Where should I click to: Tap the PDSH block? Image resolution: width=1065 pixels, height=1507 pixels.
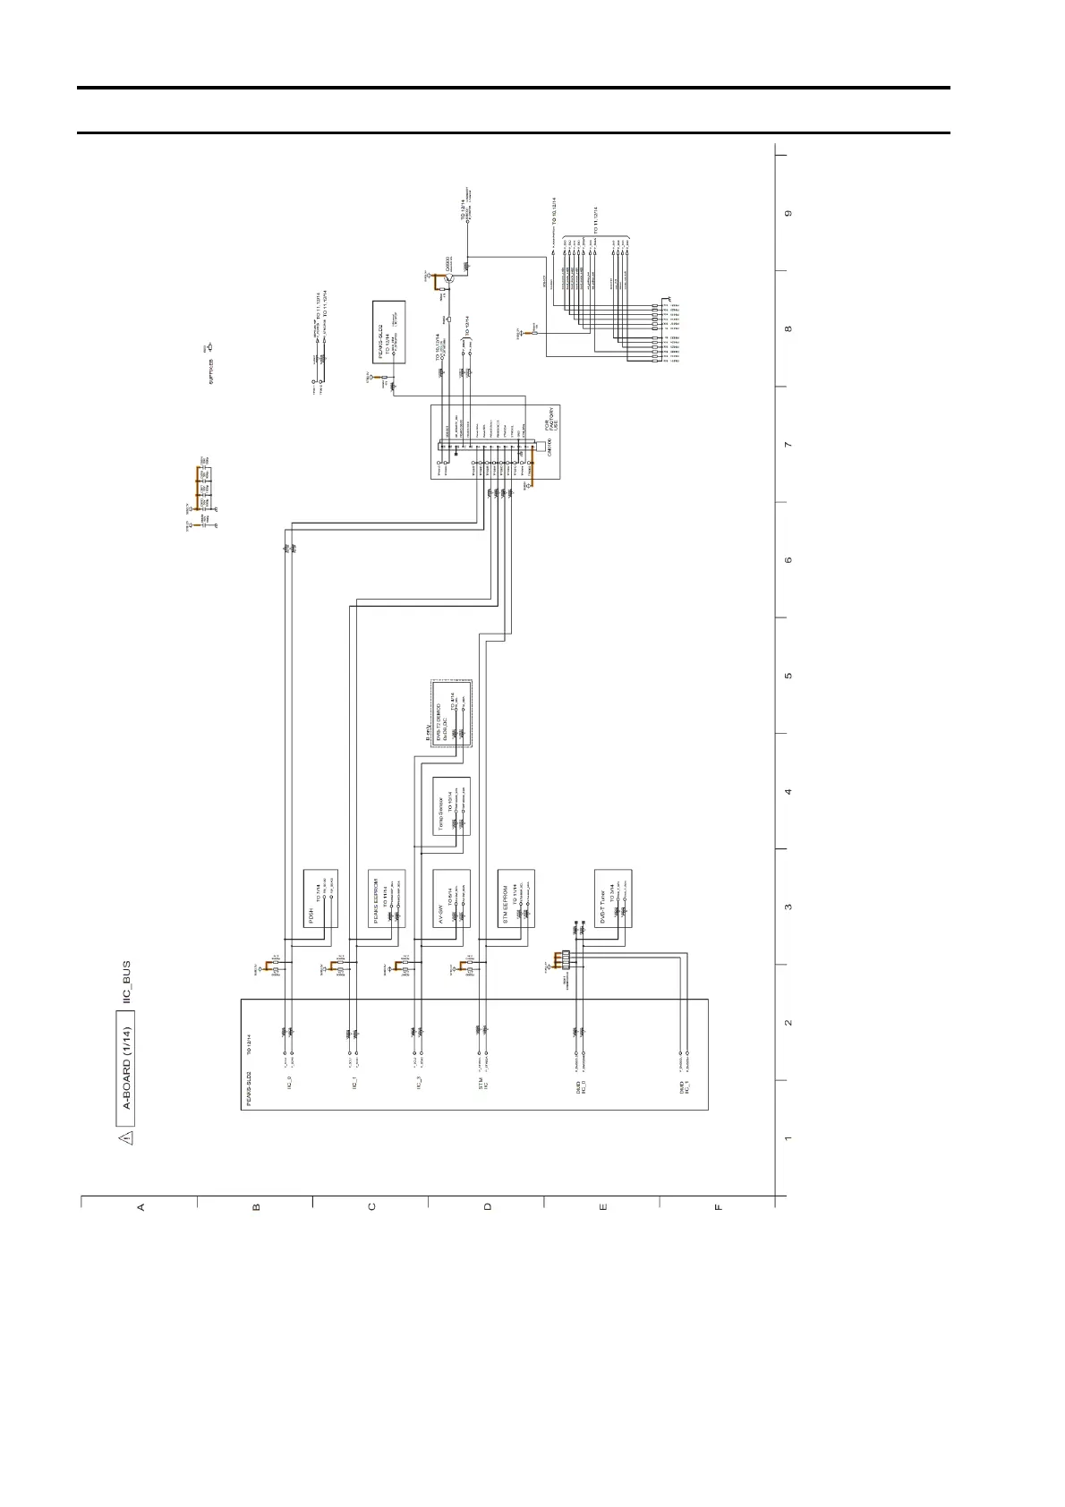(x=320, y=898)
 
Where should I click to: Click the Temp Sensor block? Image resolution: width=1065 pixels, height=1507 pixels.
(x=452, y=806)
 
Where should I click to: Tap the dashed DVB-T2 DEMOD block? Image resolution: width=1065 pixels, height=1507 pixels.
(x=452, y=713)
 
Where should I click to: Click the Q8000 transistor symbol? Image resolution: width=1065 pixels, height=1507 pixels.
(x=450, y=280)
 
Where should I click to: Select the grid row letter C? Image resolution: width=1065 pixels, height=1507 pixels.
(x=371, y=1206)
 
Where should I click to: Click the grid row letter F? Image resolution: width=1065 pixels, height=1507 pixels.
(x=718, y=1206)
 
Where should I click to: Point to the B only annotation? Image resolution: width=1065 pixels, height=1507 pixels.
(x=428, y=734)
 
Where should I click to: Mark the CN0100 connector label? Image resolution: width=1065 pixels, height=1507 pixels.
(x=549, y=447)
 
